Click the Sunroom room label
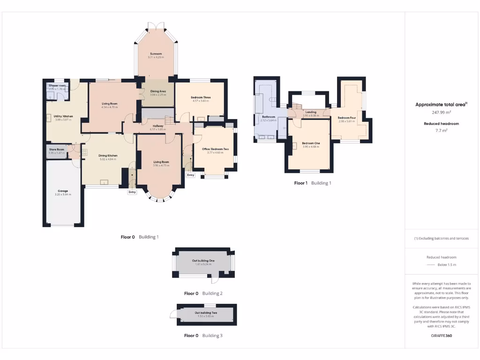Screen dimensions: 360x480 [x=157, y=54]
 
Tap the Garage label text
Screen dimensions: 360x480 [x=63, y=191]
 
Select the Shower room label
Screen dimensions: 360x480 [x=57, y=86]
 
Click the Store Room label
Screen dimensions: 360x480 [x=57, y=149]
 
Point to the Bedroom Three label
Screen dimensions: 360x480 [x=201, y=97]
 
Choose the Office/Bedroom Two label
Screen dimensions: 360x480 [x=216, y=149]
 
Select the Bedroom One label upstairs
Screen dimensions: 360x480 [x=310, y=143]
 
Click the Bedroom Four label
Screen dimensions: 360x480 [x=347, y=118]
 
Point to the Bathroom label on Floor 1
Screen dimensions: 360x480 [x=269, y=117]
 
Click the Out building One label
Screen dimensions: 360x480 [x=203, y=261]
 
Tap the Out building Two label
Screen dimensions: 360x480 [x=206, y=313]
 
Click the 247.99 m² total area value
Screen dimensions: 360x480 [x=441, y=112]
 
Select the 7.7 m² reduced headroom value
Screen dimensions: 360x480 [x=441, y=131]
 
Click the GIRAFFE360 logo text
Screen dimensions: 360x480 [x=441, y=336]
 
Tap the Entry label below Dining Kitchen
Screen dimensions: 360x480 [x=132, y=192]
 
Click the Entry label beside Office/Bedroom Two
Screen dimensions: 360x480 [x=190, y=175]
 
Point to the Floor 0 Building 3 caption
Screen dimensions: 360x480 [x=203, y=336]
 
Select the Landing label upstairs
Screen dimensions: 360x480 [x=310, y=112]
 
